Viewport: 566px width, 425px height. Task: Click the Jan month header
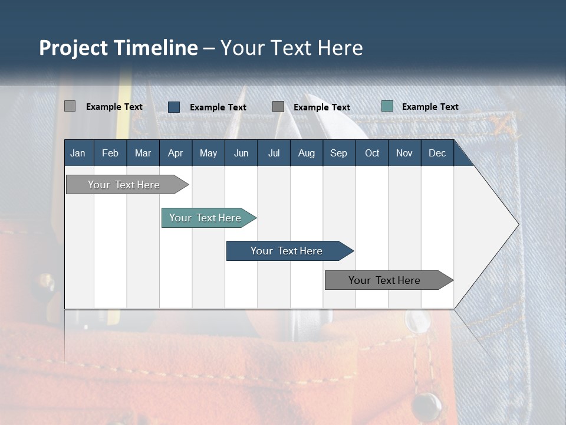tap(78, 153)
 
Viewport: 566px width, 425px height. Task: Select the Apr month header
tap(175, 153)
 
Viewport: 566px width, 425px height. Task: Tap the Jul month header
tap(274, 153)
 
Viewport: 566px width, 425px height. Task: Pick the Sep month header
tap(338, 153)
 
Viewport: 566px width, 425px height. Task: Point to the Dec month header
tap(437, 153)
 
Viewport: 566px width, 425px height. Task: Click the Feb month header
tap(110, 153)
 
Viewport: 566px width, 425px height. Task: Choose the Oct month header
tap(372, 153)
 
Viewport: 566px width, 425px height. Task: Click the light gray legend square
tap(70, 106)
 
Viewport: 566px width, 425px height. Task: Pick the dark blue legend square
tap(174, 107)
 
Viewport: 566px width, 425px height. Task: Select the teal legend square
tap(387, 106)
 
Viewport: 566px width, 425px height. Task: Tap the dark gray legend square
tap(278, 107)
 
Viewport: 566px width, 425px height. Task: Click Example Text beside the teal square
tap(430, 107)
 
